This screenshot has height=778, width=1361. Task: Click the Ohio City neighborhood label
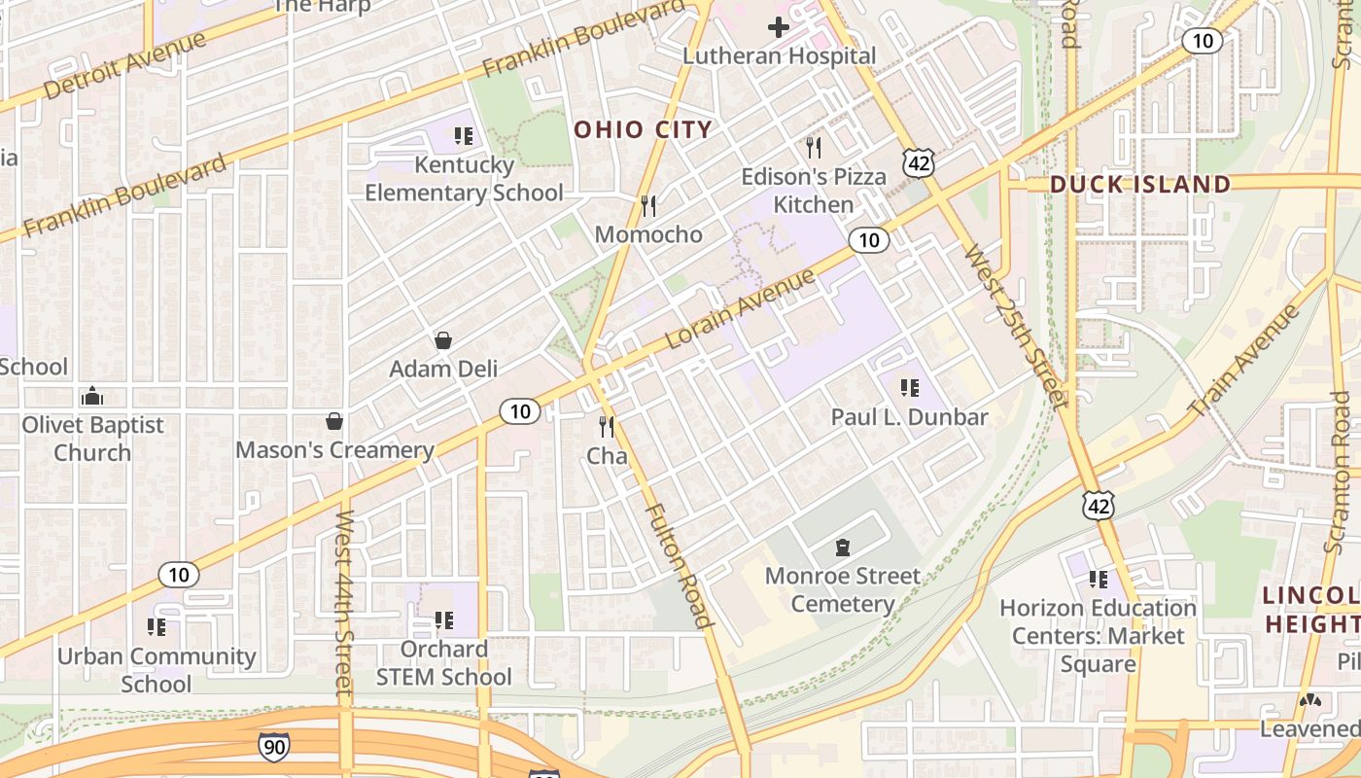pos(643,129)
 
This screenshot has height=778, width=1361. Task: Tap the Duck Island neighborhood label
pos(1140,184)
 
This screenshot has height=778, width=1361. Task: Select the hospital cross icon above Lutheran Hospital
pos(779,27)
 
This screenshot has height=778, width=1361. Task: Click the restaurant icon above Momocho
pos(648,205)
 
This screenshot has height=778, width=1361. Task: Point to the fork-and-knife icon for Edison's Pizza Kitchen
pos(814,148)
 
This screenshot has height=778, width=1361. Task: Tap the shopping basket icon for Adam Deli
pos(443,340)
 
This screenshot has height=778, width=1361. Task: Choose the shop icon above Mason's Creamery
pos(334,421)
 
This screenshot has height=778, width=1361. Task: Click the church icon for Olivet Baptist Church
pos(92,396)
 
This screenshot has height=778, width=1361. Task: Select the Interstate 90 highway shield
pos(274,747)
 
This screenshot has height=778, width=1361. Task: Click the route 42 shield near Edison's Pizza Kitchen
pos(919,163)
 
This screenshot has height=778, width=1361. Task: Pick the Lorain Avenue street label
pos(741,309)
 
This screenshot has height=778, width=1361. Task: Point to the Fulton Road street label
pos(680,565)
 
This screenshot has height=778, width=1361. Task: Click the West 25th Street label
pos(1015,326)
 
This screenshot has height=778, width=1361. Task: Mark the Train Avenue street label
pos(1244,361)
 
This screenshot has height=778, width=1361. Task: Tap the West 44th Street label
pos(343,603)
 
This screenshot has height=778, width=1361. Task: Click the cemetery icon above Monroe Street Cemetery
pos(842,548)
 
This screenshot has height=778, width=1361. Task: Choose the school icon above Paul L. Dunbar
pos(910,388)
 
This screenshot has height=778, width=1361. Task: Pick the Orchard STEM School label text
pos(444,662)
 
